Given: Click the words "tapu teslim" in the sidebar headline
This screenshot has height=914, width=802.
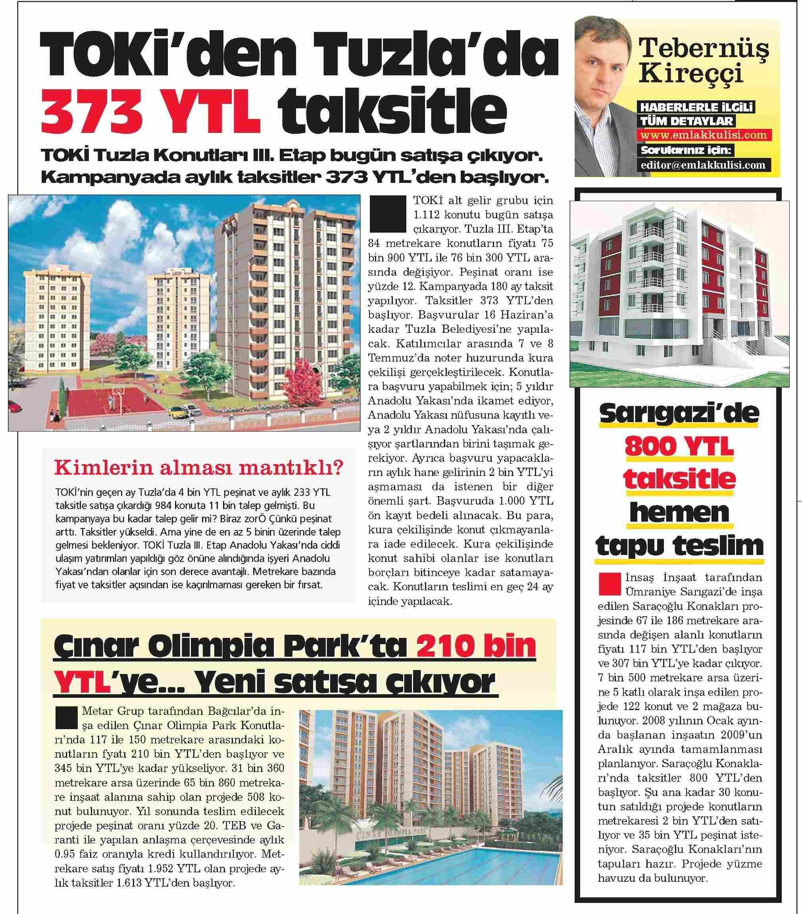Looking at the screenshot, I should (679, 545).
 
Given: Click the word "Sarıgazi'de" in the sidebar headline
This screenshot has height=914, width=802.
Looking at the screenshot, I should (679, 414).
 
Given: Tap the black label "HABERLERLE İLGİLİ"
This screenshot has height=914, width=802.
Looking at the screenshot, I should (697, 108).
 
